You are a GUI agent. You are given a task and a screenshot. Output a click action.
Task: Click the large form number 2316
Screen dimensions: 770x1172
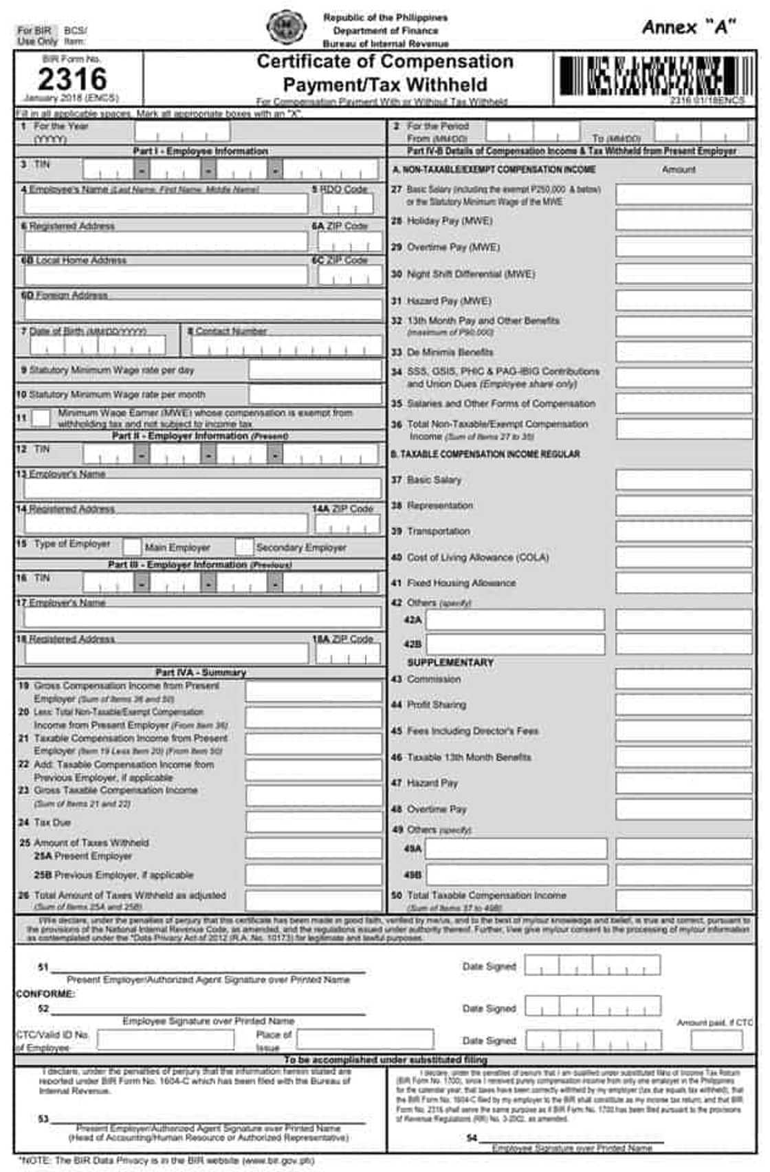click(x=72, y=79)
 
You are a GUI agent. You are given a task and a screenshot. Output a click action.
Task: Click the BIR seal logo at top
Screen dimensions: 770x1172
click(x=287, y=28)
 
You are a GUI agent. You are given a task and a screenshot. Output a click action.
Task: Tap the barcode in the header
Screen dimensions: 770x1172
click(x=650, y=76)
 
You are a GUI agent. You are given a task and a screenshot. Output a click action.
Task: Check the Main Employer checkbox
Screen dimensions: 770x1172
click(x=131, y=547)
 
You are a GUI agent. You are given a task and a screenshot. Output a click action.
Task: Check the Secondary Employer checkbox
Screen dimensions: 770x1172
click(x=244, y=547)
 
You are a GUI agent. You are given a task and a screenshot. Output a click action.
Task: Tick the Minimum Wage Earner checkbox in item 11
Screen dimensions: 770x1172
click(x=41, y=418)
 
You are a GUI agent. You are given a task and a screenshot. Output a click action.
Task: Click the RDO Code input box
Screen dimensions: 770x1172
click(x=348, y=204)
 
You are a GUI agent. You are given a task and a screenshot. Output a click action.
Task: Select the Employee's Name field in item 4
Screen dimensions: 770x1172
click(x=166, y=204)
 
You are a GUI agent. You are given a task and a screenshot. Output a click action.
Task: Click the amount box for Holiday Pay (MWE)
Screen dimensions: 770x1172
click(x=683, y=221)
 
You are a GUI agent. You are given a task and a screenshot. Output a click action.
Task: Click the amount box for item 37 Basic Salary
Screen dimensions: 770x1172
click(x=683, y=480)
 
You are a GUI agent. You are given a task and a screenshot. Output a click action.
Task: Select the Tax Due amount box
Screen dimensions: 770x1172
click(x=313, y=823)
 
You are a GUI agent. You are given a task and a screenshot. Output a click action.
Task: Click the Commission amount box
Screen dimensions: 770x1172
click(x=683, y=680)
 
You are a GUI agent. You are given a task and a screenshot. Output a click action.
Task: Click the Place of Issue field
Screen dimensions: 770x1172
click(x=365, y=1039)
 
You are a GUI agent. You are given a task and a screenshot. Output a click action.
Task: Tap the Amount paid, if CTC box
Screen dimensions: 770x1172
click(x=716, y=1040)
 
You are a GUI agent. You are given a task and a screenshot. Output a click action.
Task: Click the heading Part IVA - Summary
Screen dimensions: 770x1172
click(x=200, y=672)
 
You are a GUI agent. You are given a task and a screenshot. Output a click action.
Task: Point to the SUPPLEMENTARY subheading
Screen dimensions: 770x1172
click(x=450, y=662)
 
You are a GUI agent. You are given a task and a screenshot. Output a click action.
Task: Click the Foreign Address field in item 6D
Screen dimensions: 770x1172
click(x=203, y=310)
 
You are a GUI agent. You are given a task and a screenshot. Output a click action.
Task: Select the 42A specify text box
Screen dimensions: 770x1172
click(x=516, y=620)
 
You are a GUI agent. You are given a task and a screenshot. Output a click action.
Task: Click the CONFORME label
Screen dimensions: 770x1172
click(x=45, y=994)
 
